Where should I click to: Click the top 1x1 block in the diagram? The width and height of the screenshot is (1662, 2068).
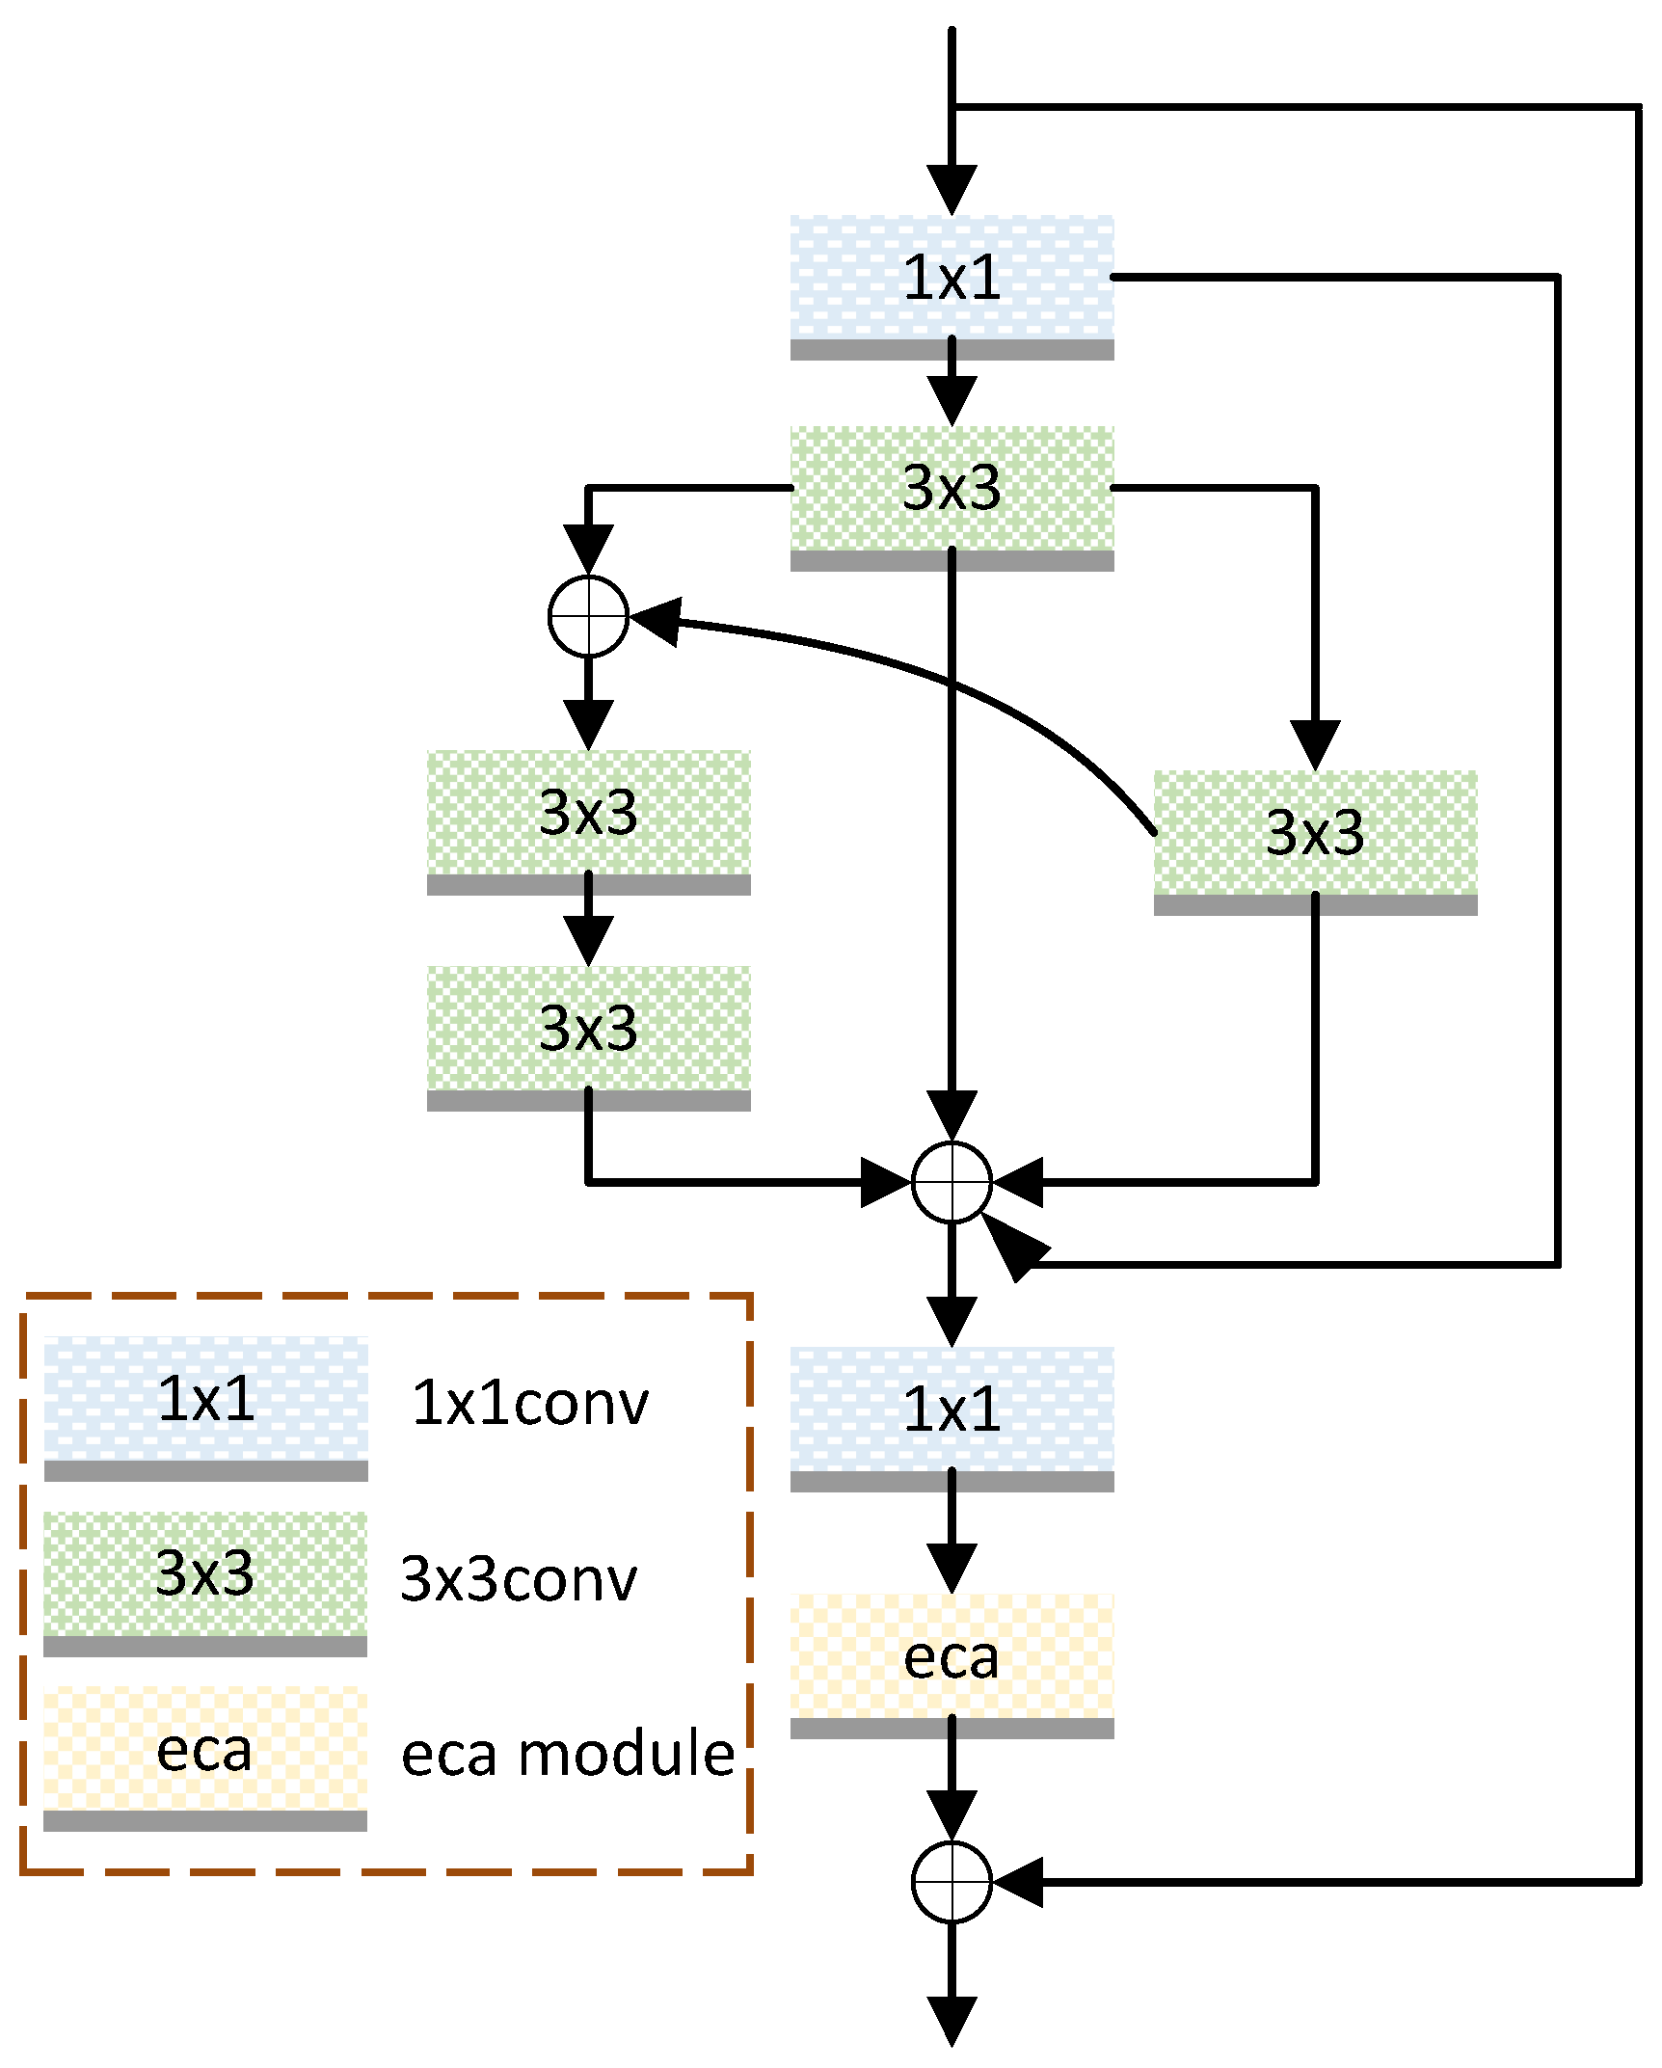952,280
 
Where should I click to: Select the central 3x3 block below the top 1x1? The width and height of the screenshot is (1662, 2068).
952,490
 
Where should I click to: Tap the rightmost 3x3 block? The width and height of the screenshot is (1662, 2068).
1315,834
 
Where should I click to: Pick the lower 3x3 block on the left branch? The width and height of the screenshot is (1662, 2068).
588,1030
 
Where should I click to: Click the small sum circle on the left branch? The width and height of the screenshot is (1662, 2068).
588,616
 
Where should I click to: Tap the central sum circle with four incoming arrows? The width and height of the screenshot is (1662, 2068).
952,1182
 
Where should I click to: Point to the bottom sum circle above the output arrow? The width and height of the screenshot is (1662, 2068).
952,1882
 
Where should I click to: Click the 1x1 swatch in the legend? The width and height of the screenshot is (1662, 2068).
205,1401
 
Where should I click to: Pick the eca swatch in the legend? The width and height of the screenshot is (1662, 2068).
205,1751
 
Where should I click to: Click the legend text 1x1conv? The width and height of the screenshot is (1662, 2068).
529,1404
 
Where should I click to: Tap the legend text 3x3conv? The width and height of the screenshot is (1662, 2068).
519,1580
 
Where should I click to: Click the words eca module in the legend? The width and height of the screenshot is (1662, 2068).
568,1755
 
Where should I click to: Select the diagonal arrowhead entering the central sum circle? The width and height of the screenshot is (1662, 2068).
1010,1248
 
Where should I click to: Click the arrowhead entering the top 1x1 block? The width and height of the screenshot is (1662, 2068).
952,190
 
